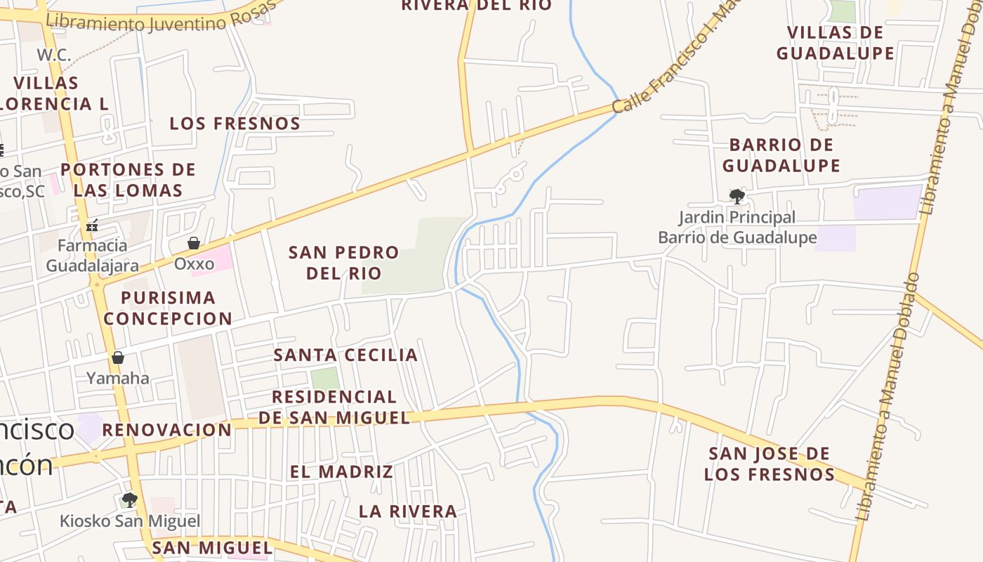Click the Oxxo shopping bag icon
point(194,243)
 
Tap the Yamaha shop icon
point(118,358)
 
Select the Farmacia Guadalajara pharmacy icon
point(91,226)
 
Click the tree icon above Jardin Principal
point(737,196)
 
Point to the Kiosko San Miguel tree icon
point(129,500)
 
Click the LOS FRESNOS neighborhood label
point(235,124)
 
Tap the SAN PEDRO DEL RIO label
point(343,262)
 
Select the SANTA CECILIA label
point(345,355)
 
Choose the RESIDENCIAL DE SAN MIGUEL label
point(334,407)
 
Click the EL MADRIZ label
point(341,471)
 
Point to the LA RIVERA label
point(408,511)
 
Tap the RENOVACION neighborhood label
point(167,430)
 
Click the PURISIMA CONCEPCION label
point(168,308)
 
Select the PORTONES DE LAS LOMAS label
point(128,180)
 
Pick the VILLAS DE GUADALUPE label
point(835,43)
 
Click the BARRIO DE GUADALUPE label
point(781,155)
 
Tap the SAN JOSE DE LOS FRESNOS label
point(770,464)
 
